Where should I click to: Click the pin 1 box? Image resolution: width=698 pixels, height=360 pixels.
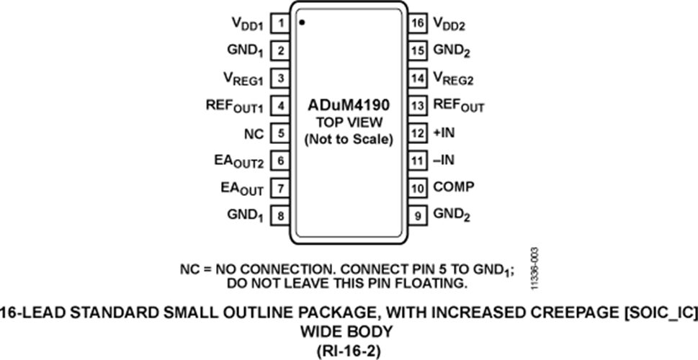(280, 23)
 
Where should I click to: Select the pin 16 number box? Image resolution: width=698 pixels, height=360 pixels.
(417, 23)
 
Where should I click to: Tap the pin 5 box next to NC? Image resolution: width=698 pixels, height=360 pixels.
(280, 133)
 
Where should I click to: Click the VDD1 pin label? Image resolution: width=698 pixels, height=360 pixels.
(248, 24)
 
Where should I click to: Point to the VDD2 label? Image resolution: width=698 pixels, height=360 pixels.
(449, 24)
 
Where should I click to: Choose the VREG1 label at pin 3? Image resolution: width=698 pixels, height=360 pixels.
(243, 79)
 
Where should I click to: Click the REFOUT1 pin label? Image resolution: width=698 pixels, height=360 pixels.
(235, 107)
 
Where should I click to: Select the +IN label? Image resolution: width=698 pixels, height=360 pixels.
(444, 132)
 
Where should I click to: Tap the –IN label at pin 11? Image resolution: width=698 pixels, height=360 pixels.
(444, 160)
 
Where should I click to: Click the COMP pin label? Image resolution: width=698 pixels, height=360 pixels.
(454, 187)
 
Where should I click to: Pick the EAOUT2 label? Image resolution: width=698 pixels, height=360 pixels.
(239, 162)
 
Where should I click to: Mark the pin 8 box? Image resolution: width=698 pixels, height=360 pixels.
(280, 216)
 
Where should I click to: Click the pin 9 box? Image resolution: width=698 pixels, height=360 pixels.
(417, 216)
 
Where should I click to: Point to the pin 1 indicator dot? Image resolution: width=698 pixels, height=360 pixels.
(302, 22)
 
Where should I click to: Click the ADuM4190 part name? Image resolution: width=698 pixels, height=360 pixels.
(349, 105)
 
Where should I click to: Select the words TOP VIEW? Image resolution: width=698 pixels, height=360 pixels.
(349, 122)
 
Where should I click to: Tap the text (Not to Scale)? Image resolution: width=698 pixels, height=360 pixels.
(349, 139)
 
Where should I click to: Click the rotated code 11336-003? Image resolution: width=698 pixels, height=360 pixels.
(535, 269)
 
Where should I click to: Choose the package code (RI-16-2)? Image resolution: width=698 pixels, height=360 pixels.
(349, 351)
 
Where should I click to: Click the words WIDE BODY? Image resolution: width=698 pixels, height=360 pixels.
(346, 332)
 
